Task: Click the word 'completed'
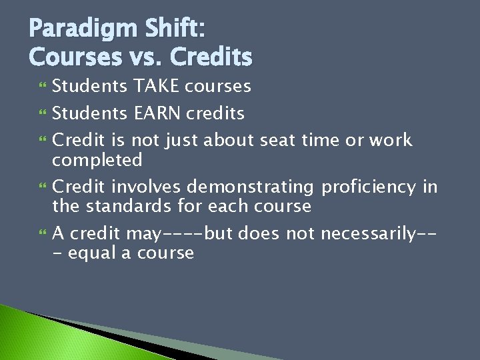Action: click(x=97, y=161)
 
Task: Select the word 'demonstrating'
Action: click(x=250, y=187)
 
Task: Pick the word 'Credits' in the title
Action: click(x=211, y=57)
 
